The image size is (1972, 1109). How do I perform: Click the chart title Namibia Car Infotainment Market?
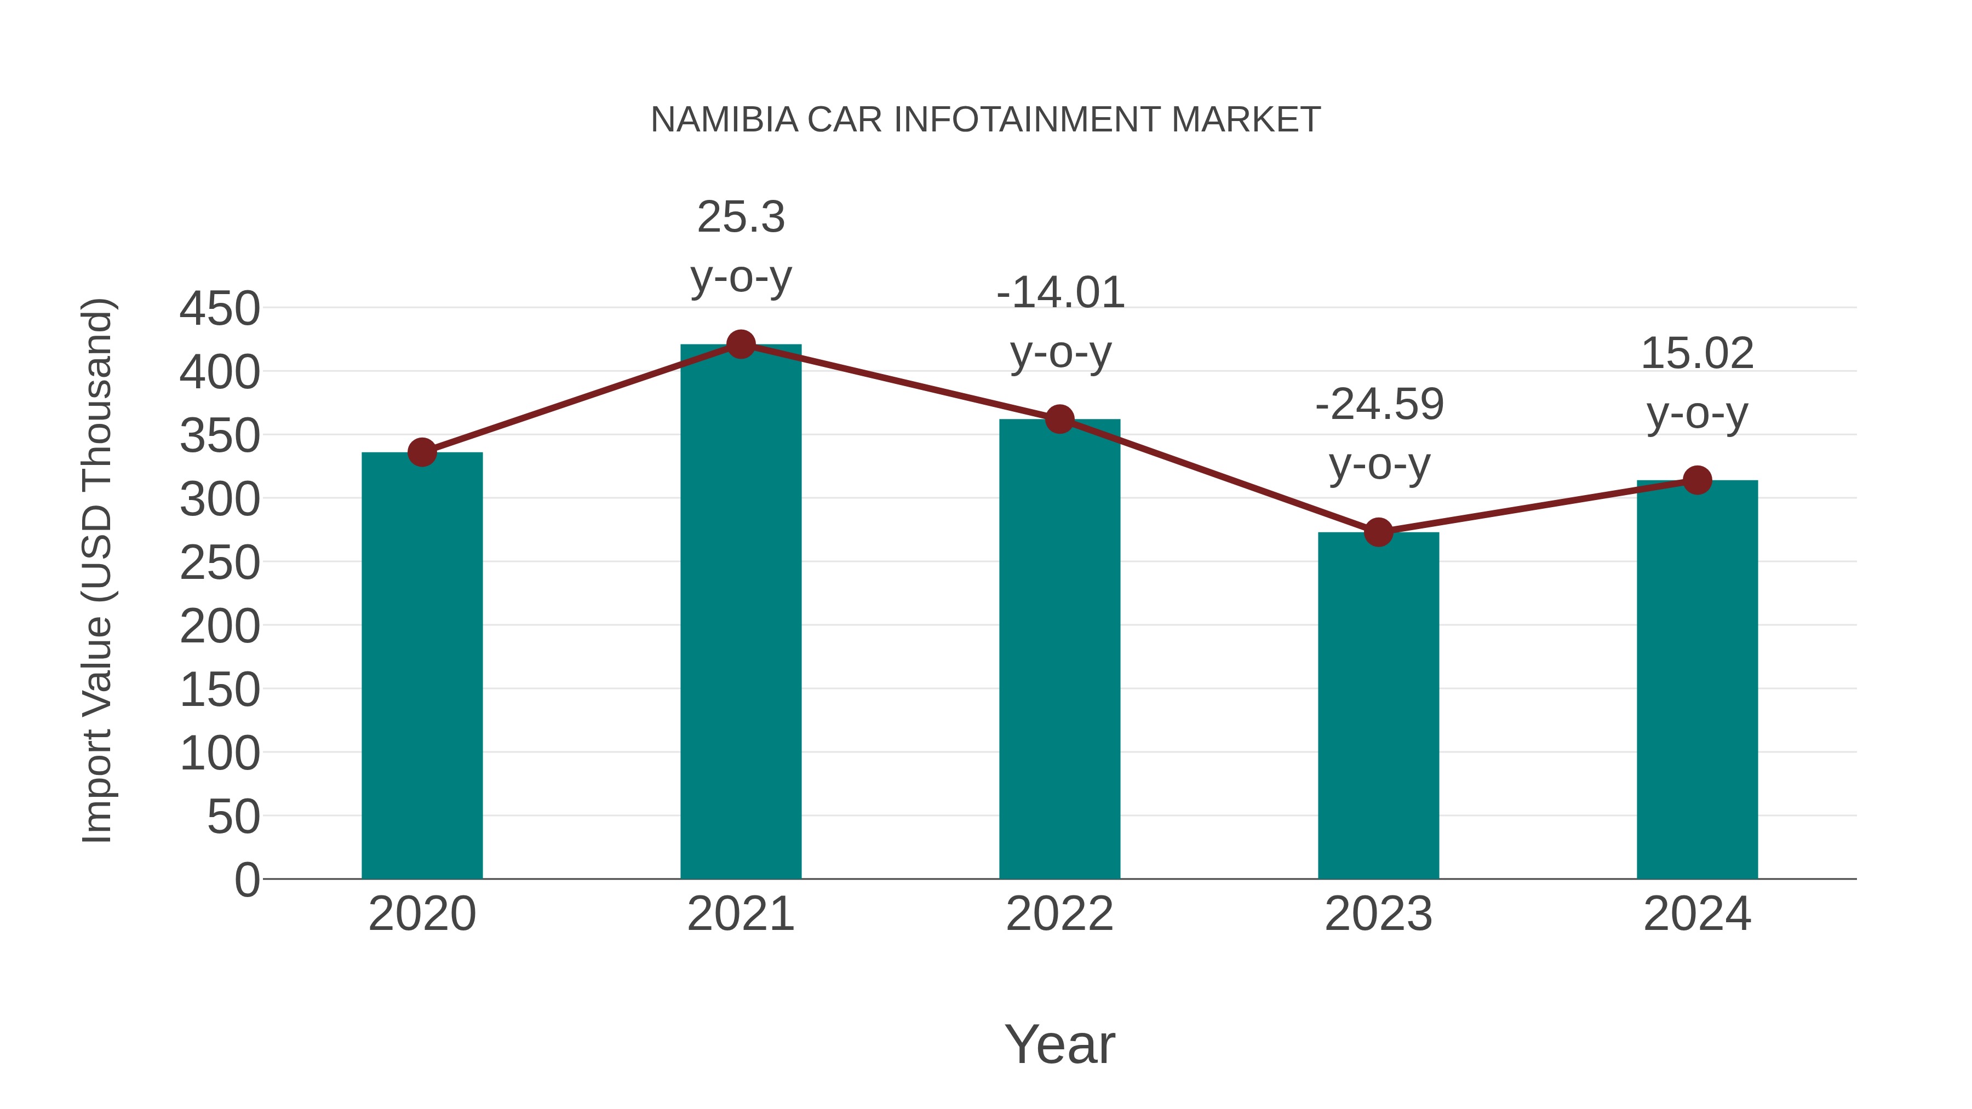(x=985, y=120)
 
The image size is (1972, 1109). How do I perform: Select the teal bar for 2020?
(x=422, y=666)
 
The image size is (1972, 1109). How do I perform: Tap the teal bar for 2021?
(x=740, y=612)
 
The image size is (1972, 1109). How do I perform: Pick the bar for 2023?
(x=1378, y=704)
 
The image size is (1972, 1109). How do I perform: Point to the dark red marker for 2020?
(x=422, y=452)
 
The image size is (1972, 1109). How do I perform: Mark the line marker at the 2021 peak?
(x=740, y=344)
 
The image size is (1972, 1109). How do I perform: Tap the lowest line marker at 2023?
(x=1378, y=532)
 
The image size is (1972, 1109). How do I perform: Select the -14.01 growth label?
(x=1060, y=293)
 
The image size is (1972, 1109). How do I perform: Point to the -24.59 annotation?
(x=1379, y=405)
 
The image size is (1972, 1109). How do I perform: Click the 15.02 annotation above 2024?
(x=1696, y=354)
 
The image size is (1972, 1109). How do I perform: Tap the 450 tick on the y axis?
(x=220, y=309)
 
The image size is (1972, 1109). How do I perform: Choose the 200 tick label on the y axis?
(x=220, y=627)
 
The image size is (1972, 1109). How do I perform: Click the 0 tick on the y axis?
(x=246, y=880)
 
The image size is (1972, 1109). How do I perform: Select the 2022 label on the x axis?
(x=1059, y=914)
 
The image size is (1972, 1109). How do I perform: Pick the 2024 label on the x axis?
(x=1696, y=914)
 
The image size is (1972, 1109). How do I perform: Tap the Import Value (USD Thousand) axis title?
(x=97, y=570)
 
